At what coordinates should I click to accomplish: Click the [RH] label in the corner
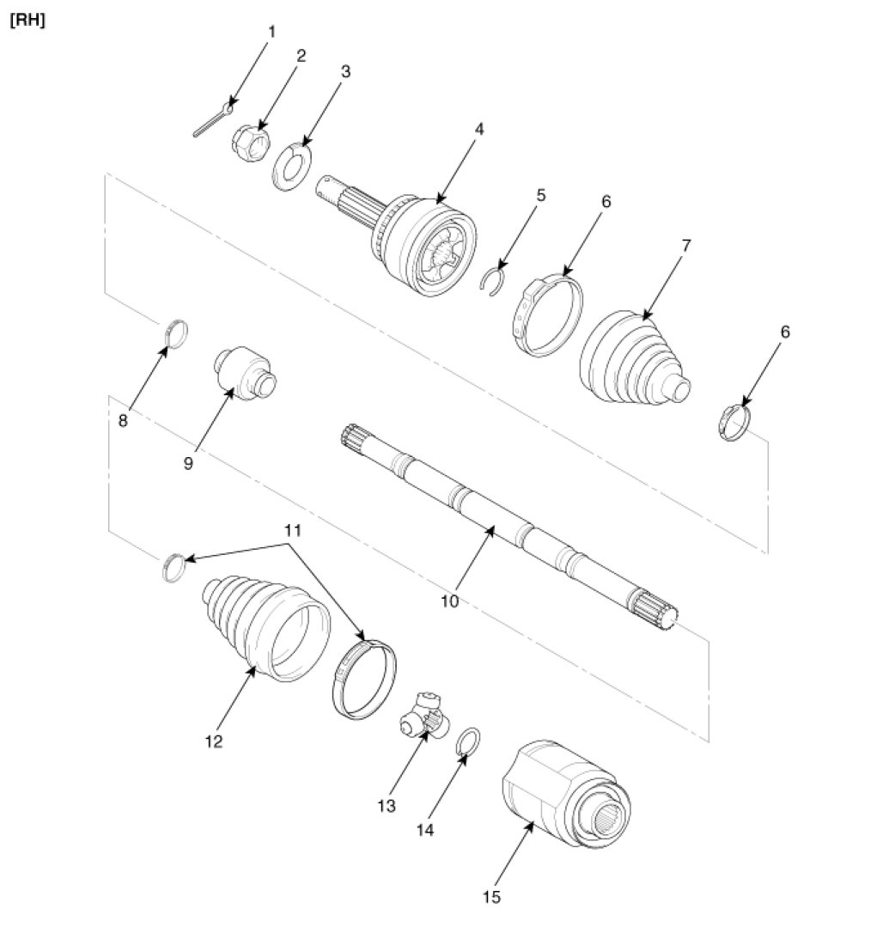(27, 20)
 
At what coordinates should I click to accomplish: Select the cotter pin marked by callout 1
(211, 121)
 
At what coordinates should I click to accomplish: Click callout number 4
(479, 130)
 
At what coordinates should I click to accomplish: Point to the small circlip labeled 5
(493, 283)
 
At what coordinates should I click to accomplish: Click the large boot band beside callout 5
(550, 314)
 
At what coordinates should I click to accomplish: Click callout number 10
(450, 601)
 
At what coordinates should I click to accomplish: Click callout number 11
(293, 531)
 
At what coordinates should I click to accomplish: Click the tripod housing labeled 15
(563, 796)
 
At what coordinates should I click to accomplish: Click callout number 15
(490, 898)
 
